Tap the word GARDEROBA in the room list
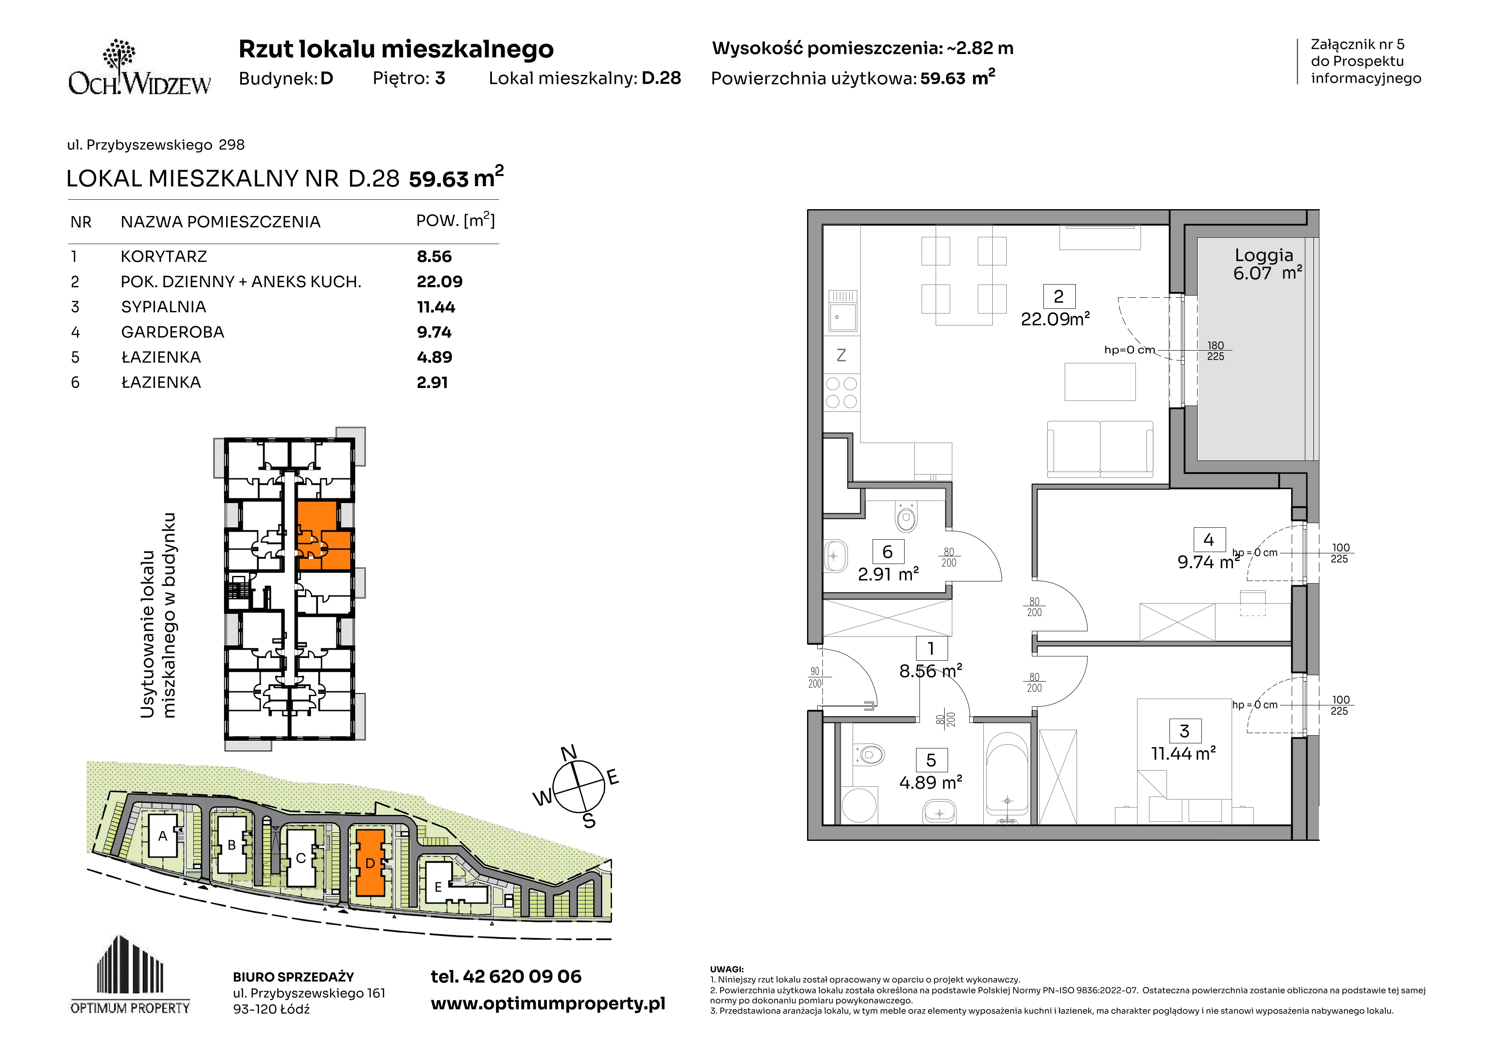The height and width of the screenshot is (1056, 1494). point(172,332)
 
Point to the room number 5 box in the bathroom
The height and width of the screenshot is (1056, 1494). point(931,760)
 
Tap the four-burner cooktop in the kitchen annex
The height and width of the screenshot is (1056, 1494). point(842,392)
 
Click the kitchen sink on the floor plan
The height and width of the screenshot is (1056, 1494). point(842,311)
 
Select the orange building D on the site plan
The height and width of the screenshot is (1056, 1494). point(370,863)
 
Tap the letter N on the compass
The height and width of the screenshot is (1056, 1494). point(569,753)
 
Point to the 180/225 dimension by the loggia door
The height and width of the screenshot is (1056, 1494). point(1215,351)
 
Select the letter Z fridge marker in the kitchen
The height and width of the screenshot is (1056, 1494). point(842,355)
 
